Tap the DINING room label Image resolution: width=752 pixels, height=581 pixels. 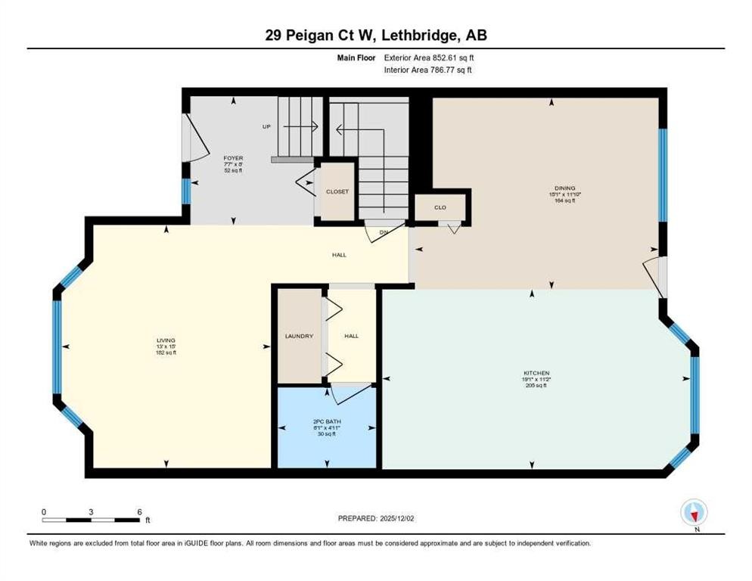point(564,188)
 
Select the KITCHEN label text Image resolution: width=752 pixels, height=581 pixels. point(535,373)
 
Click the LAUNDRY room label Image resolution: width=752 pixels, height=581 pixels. point(299,336)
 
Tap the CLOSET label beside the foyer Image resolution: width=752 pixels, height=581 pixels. point(337,192)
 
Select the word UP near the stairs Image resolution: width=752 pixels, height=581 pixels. point(266,126)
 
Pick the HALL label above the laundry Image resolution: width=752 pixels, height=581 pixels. point(339,255)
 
